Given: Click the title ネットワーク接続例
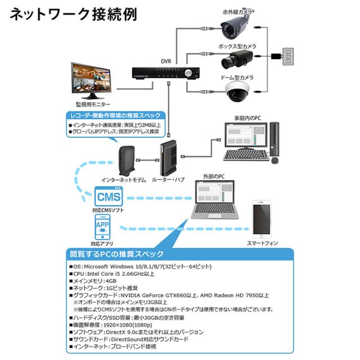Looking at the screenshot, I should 73,14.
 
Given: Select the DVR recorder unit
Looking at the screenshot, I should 167,73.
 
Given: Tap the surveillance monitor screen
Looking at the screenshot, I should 93,80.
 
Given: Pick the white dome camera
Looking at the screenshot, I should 238,92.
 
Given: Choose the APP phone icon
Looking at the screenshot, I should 102,229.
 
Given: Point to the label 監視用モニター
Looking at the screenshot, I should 93,105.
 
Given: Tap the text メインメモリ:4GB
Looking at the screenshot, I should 95,280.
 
